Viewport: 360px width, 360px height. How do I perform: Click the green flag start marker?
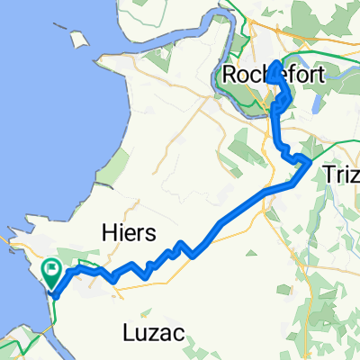click(51, 268)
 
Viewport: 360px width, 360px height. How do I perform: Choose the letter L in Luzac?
click(128, 334)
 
